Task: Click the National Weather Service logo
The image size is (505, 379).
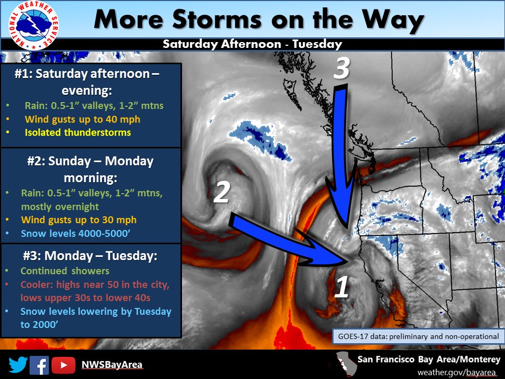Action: [x=34, y=25]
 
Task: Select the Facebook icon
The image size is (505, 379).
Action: [x=39, y=365]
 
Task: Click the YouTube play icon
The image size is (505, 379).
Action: [x=64, y=365]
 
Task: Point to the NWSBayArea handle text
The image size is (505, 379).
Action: [x=112, y=365]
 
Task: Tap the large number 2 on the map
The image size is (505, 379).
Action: [x=221, y=192]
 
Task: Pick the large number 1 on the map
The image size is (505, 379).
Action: [x=342, y=287]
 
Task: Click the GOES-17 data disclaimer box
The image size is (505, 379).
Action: [x=418, y=336]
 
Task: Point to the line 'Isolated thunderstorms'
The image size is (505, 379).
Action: [x=78, y=133]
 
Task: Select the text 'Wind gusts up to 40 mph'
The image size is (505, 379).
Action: [x=83, y=119]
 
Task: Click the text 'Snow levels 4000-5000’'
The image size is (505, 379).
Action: [x=75, y=233]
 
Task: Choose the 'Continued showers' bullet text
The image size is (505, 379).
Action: [x=65, y=271]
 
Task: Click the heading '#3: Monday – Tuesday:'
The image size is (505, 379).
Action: [x=90, y=256]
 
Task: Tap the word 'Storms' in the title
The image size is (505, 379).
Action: [x=216, y=19]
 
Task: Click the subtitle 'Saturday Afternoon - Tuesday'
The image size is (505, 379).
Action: [x=252, y=44]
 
